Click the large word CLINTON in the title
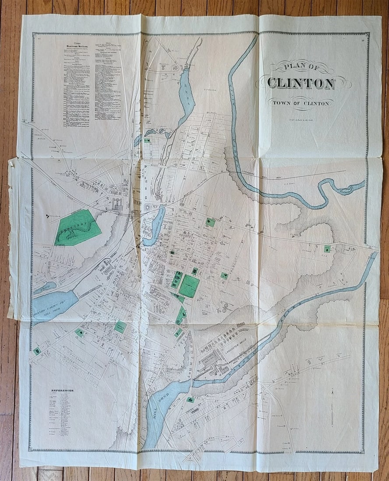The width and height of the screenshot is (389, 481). point(301,83)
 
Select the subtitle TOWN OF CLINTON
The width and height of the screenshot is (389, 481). point(301,103)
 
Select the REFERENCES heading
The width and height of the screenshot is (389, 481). point(62,390)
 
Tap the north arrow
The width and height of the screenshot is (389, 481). point(332,407)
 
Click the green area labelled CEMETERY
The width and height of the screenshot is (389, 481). point(78,227)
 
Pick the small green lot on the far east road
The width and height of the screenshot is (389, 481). point(327,249)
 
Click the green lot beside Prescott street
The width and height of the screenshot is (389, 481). point(224,276)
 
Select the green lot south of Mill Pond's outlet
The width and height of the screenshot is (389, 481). point(190,399)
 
